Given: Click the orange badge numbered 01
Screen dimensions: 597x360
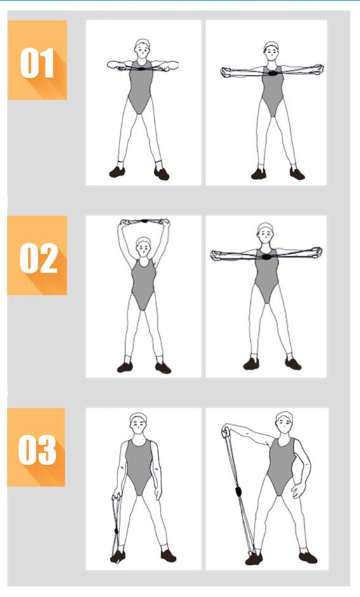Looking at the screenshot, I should (x=37, y=60).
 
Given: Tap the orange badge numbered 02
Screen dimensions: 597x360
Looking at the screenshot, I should (x=37, y=255).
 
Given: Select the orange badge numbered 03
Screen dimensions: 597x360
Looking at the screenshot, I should (x=36, y=447).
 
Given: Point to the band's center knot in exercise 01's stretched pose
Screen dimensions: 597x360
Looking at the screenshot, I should (x=272, y=72).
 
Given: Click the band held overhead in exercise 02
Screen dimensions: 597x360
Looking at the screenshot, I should (x=145, y=221).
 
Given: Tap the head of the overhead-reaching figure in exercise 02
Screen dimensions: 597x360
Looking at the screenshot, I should (x=144, y=246).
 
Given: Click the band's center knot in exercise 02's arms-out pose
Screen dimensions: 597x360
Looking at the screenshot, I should (x=265, y=256).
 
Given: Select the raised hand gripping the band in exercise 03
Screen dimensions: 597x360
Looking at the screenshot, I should (x=225, y=432).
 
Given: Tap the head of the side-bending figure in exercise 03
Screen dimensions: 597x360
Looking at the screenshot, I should (x=284, y=422).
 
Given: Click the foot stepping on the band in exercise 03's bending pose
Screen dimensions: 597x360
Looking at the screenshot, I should (x=254, y=558).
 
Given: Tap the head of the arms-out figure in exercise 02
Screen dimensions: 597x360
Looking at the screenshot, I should (x=265, y=232).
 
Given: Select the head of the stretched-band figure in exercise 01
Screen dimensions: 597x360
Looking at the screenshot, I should (x=272, y=50).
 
